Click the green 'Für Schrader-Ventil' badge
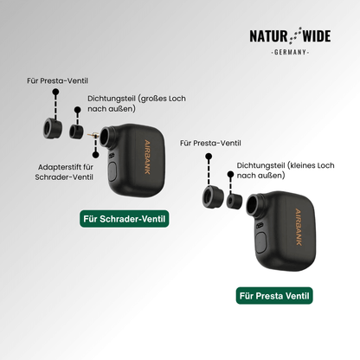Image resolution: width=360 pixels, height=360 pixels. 125,219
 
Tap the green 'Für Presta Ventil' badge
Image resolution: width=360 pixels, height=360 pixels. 274,296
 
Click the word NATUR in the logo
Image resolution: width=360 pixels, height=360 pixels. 268,36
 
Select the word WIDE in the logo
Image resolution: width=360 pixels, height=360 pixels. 317,36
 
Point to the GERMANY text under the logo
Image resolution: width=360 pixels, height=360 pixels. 290,52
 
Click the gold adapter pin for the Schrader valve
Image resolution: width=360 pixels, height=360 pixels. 93,135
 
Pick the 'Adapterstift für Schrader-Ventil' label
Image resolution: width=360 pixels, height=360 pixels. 64,172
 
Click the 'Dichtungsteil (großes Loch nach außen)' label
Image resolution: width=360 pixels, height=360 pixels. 137,104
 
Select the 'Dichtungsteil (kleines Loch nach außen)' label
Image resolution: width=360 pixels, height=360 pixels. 286,170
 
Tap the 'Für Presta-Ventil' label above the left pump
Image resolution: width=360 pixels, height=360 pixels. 57,80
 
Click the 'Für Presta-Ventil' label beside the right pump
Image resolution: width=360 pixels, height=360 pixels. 210,143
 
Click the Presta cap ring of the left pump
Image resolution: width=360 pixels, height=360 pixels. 53,128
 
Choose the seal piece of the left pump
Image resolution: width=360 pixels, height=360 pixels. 76,132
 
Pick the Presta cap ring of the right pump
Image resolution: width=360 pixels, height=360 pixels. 213,196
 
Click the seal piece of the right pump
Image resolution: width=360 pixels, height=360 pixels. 234,202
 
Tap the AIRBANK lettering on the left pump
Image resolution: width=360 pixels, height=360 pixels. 147,157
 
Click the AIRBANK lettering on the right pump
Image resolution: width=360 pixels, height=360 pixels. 299,227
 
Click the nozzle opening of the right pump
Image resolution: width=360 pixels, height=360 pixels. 252,205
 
